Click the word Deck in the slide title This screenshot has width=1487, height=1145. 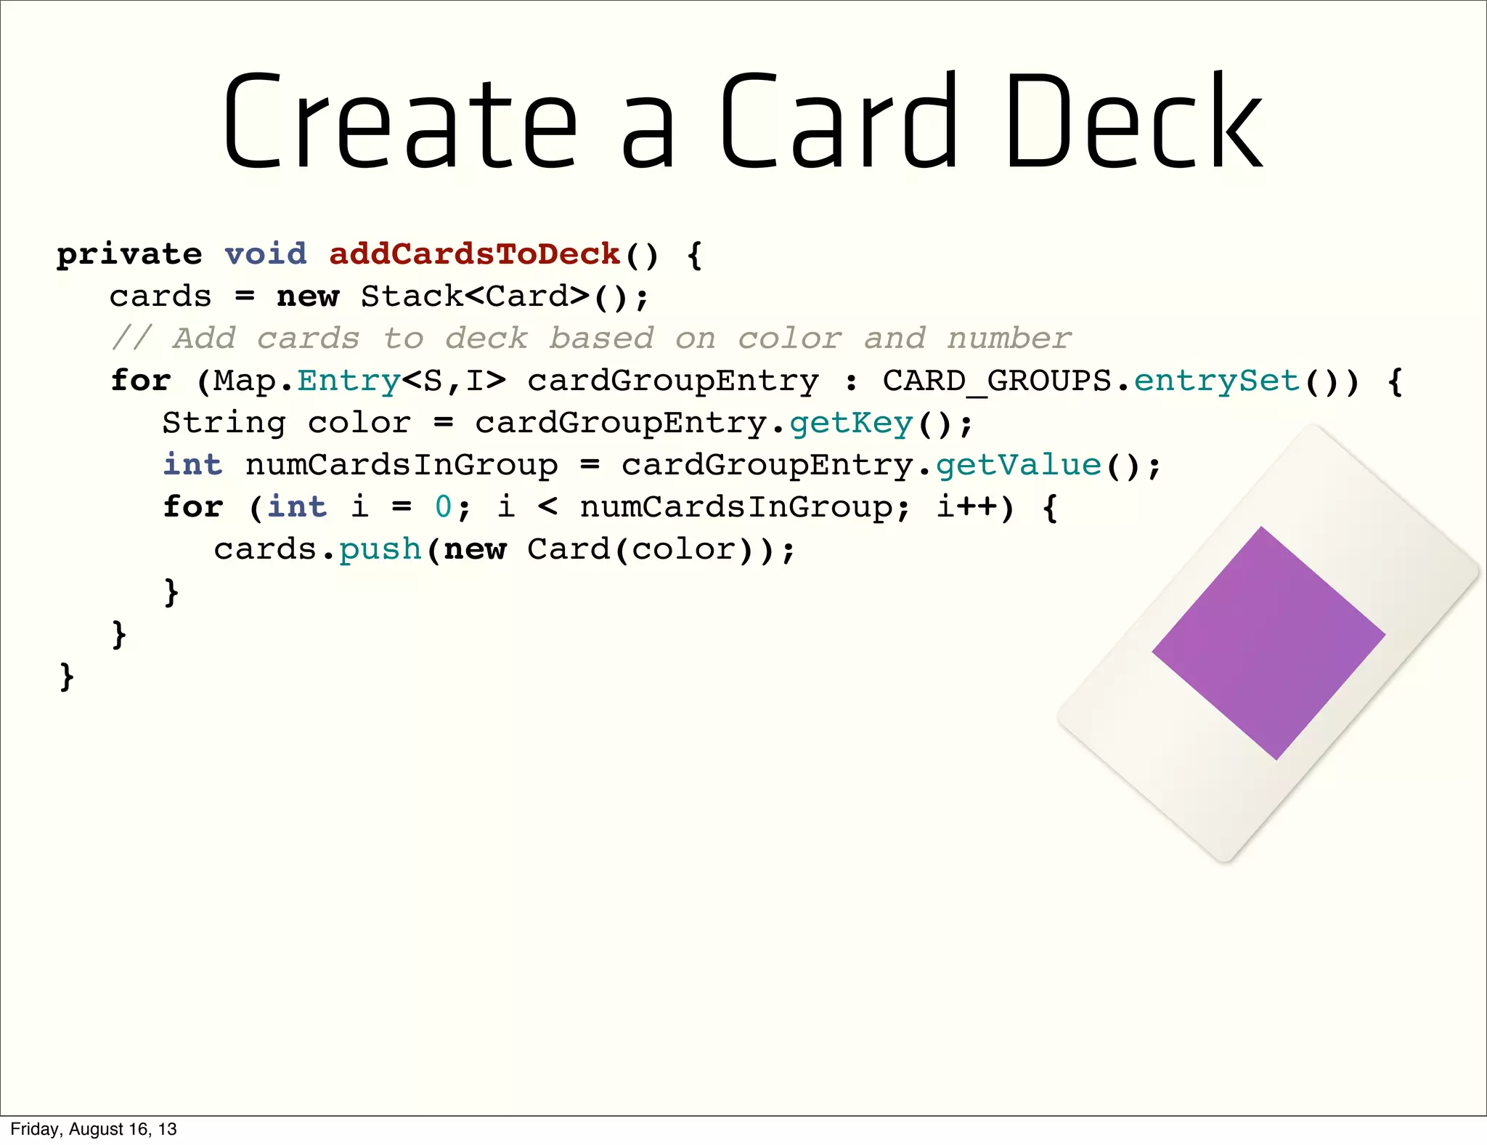1134,121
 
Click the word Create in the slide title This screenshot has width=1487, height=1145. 400,121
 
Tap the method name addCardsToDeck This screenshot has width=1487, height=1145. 474,254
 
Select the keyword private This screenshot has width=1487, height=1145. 129,254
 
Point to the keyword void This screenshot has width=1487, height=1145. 266,254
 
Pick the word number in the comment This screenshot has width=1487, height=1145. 1009,339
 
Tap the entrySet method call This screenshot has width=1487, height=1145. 1217,381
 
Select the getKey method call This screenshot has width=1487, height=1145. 851,423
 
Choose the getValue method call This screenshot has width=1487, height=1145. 1018,465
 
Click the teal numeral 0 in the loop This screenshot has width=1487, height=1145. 443,507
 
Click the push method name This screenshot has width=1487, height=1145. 380,549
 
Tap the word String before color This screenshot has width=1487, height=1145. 224,423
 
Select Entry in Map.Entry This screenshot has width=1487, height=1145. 349,381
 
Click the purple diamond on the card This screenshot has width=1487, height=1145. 1268,643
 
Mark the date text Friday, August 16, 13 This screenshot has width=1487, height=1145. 94,1129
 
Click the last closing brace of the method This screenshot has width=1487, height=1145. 67,676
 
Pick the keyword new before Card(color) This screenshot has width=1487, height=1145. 475,549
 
